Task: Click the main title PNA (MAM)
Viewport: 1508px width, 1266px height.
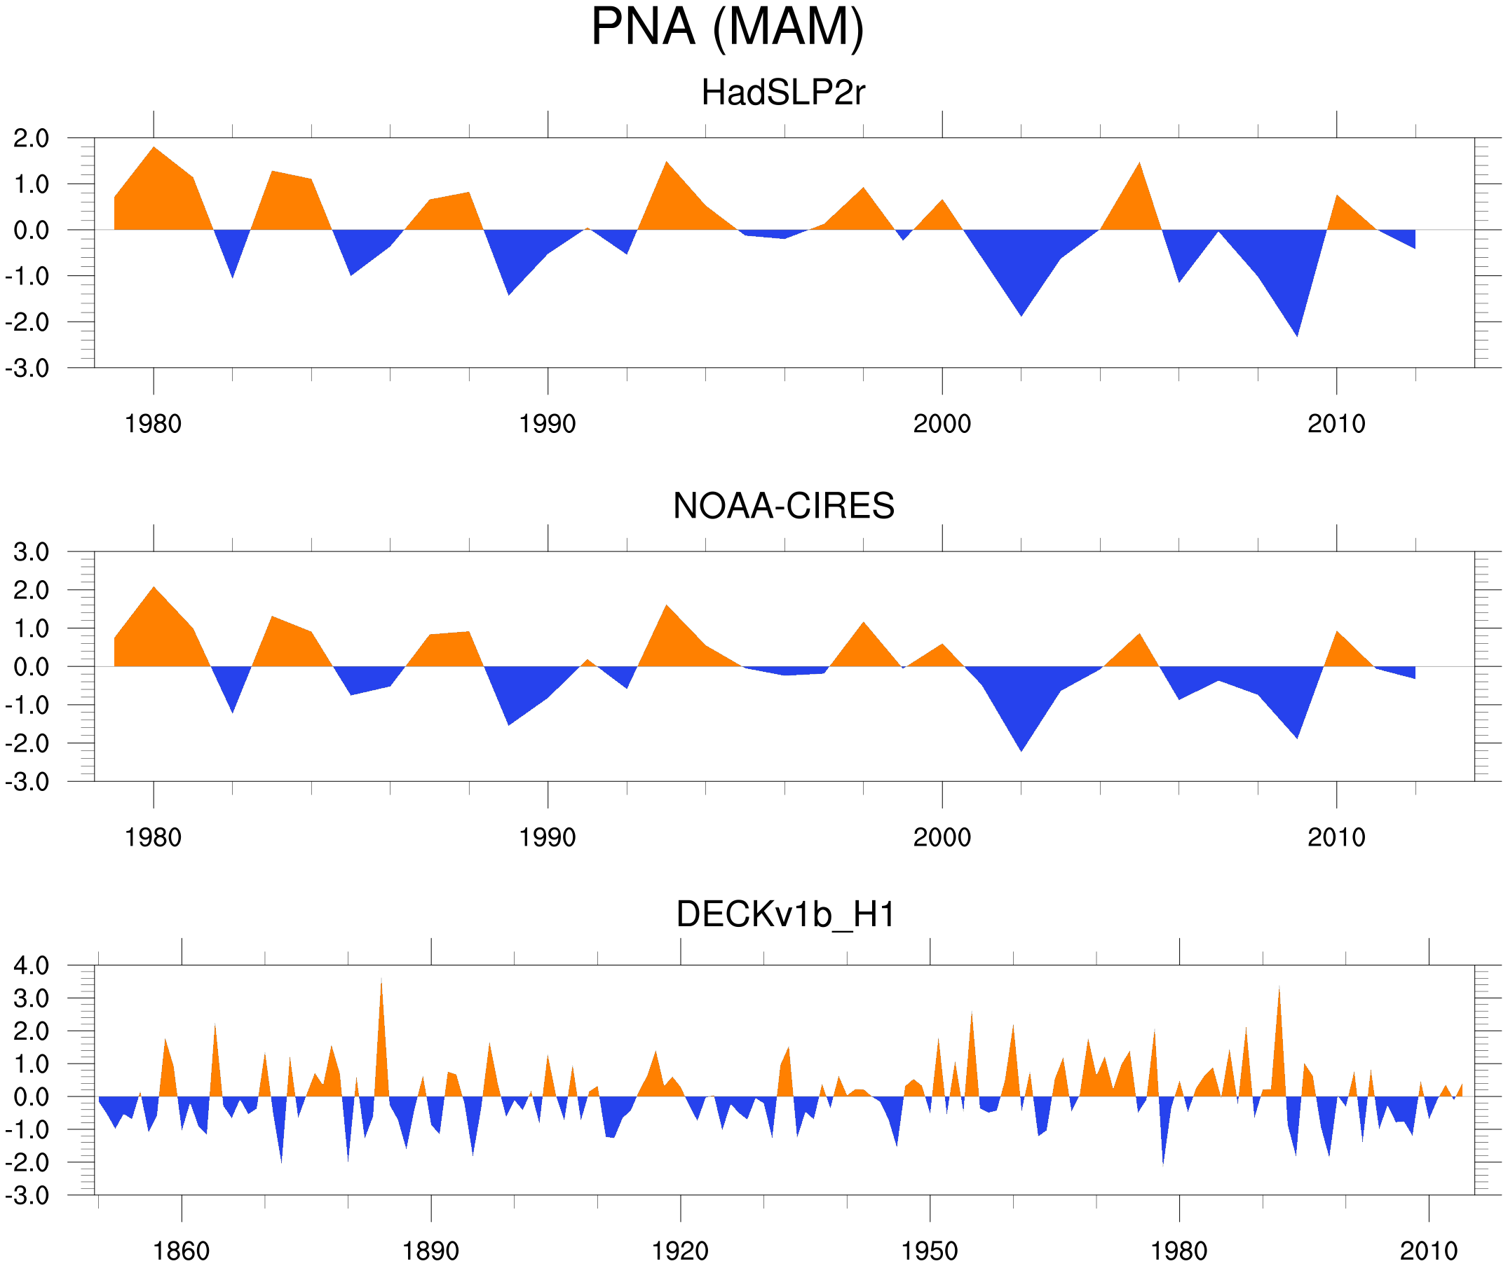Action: [727, 27]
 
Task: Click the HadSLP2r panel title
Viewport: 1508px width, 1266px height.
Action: [783, 92]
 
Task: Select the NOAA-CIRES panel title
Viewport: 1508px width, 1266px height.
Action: [783, 506]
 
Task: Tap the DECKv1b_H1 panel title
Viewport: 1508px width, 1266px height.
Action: [786, 915]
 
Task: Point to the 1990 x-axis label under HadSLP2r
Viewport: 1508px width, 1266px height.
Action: [548, 424]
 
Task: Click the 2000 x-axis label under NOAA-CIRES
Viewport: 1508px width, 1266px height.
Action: [942, 837]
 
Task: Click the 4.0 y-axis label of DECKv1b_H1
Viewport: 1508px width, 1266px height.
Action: [32, 966]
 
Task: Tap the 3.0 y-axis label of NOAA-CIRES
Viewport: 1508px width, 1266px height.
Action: [32, 553]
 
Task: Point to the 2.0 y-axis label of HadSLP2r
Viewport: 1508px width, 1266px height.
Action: [32, 139]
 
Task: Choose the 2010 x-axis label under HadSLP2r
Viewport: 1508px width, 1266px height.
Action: [1336, 424]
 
